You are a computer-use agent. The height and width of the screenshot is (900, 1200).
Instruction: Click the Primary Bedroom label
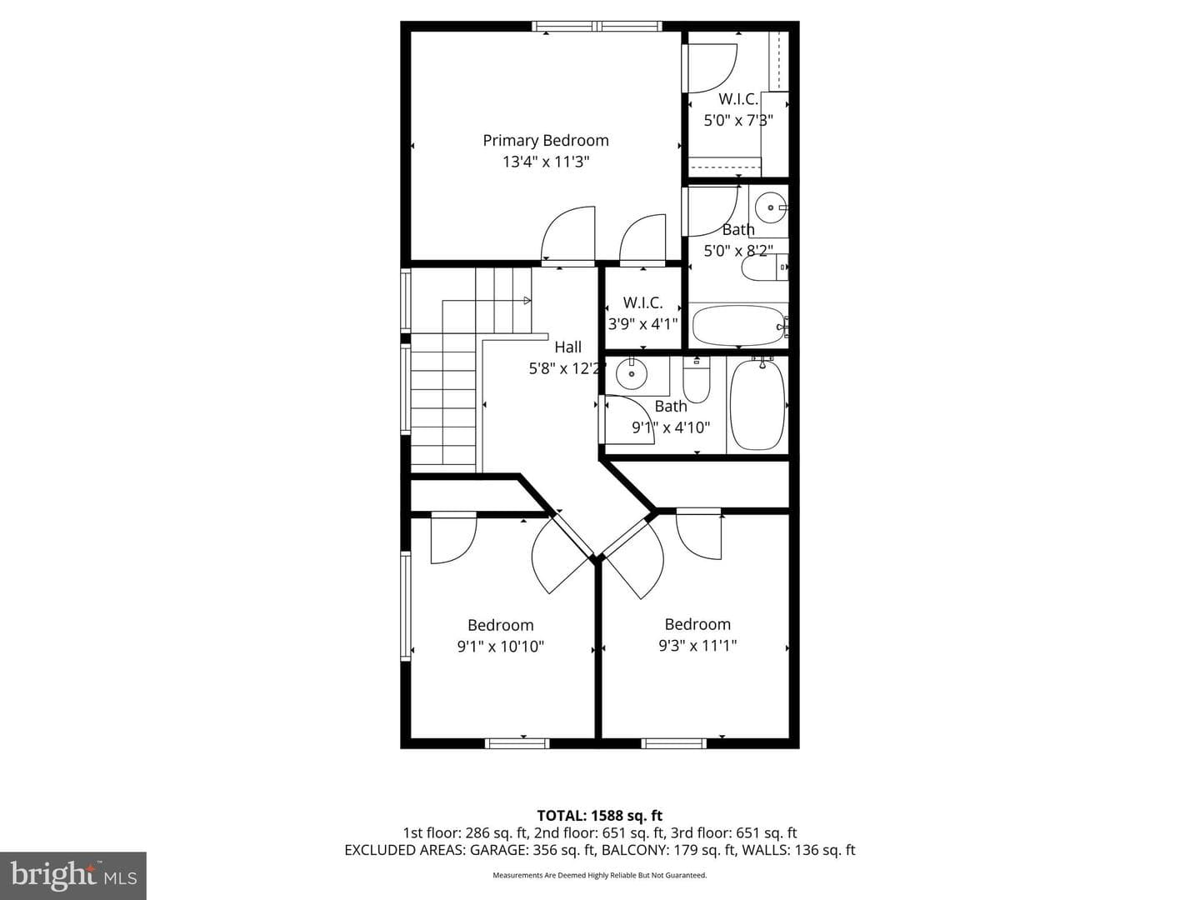(x=546, y=141)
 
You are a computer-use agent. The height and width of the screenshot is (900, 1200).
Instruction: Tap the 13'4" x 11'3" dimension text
(x=546, y=162)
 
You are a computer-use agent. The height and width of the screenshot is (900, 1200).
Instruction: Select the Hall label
(x=568, y=347)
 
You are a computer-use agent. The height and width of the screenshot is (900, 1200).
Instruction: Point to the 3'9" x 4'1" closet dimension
(x=642, y=324)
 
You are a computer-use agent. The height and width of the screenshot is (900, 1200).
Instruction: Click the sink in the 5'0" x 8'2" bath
(x=771, y=207)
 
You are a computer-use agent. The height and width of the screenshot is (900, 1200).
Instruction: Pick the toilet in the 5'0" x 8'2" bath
(x=765, y=267)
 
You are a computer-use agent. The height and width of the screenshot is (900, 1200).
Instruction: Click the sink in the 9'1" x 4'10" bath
(x=632, y=374)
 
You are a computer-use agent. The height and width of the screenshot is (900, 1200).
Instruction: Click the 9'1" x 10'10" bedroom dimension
(x=501, y=647)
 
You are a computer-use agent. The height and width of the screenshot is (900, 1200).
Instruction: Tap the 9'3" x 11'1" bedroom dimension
(x=697, y=646)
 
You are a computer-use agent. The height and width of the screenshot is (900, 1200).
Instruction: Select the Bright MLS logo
(x=73, y=876)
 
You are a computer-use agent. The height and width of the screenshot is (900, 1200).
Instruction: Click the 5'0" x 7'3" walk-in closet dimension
(x=738, y=120)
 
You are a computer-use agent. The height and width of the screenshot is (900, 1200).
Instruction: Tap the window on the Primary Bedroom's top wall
(x=597, y=26)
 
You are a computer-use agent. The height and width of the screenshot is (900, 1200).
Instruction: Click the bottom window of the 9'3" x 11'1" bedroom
(x=673, y=743)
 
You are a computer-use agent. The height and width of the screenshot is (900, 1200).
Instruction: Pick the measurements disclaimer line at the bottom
(x=600, y=875)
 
